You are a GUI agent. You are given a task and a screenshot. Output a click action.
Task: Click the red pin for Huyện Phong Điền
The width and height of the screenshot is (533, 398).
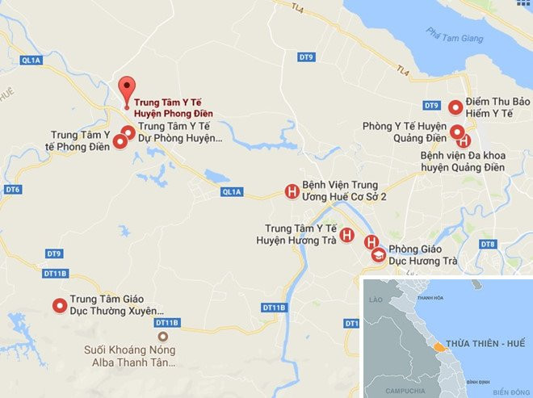click(x=124, y=87)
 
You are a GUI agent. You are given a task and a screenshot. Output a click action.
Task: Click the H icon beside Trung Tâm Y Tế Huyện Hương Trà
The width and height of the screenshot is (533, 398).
click(x=346, y=235)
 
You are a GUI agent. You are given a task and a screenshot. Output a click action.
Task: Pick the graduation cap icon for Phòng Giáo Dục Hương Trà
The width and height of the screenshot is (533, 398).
click(x=378, y=256)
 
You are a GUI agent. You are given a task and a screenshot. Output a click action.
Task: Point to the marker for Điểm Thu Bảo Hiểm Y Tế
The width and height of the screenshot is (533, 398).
click(x=455, y=107)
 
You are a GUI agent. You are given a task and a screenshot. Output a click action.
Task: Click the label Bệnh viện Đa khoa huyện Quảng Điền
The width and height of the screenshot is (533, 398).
click(x=463, y=161)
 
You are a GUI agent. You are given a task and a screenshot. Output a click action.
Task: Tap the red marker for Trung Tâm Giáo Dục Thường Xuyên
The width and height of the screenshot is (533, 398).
click(x=59, y=305)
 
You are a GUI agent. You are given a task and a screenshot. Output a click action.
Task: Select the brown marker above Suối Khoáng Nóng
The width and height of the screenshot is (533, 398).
click(x=164, y=336)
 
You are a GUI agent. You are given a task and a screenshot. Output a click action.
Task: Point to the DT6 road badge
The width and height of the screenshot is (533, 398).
click(x=12, y=190)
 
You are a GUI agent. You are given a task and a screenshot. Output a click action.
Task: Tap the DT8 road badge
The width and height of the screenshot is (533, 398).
click(x=487, y=244)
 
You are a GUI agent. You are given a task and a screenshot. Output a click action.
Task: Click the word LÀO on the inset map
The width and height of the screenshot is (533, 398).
click(x=374, y=299)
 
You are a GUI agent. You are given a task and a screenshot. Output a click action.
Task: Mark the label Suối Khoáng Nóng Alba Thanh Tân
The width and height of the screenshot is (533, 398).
click(x=131, y=357)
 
